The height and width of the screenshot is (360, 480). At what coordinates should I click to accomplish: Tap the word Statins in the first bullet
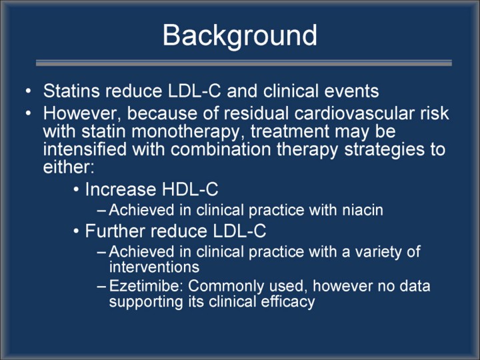[x=71, y=91]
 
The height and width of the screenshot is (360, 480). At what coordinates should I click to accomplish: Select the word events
[x=351, y=91]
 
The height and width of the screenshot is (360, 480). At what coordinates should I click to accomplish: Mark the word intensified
[x=85, y=149]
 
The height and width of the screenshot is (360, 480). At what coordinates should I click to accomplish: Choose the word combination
[x=221, y=149]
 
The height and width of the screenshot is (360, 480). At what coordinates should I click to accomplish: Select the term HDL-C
[x=190, y=189]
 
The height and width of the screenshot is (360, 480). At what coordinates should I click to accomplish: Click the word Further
[x=115, y=231]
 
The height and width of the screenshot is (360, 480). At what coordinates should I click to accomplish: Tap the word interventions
[x=154, y=267]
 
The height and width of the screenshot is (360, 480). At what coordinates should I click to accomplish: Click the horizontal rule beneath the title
[x=244, y=63]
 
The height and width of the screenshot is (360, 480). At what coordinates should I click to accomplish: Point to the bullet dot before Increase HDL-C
[x=76, y=189]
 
